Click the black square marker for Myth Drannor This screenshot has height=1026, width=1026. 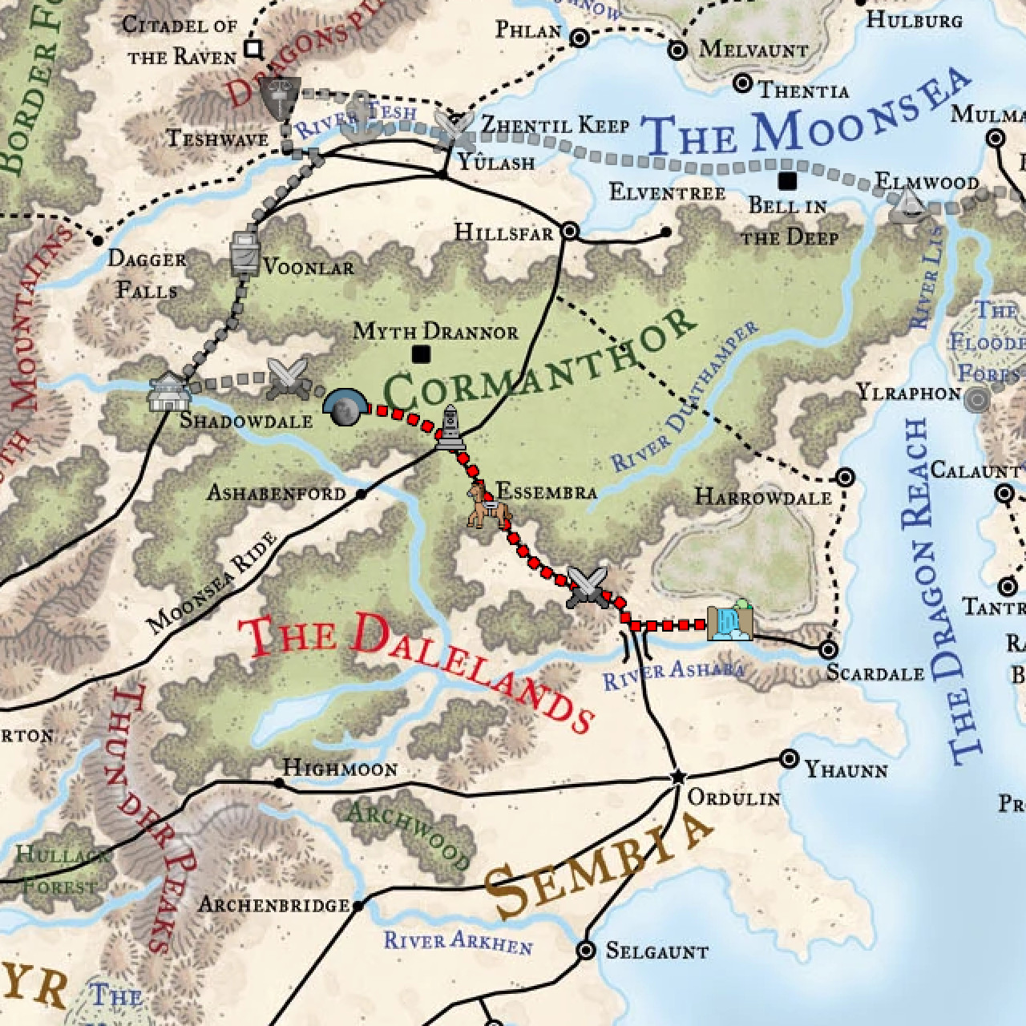pyautogui.click(x=421, y=354)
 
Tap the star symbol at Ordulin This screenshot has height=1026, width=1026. pyautogui.click(x=678, y=776)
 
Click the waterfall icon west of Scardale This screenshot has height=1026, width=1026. pyautogui.click(x=729, y=622)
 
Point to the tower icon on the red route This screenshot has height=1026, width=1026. pyautogui.click(x=450, y=427)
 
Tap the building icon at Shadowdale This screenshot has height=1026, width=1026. pyautogui.click(x=168, y=393)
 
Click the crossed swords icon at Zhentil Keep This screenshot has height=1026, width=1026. pyautogui.click(x=454, y=125)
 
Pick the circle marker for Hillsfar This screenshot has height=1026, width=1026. pyautogui.click(x=570, y=232)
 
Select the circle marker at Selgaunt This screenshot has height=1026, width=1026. pyautogui.click(x=587, y=951)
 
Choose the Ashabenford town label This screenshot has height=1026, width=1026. pyautogui.click(x=276, y=493)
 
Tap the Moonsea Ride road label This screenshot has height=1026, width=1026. pyautogui.click(x=212, y=583)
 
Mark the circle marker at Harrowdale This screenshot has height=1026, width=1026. pyautogui.click(x=845, y=478)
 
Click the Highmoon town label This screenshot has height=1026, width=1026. pyautogui.click(x=340, y=769)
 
